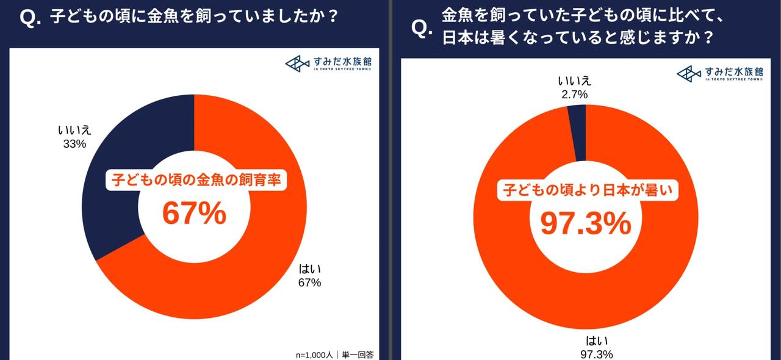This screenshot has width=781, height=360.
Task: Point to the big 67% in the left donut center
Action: (194, 214)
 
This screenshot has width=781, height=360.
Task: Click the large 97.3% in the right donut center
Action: (586, 224)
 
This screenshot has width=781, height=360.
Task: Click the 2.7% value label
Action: (573, 94)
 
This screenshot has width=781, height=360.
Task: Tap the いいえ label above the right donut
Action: (574, 81)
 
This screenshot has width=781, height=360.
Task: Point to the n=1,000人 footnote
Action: (312, 353)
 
